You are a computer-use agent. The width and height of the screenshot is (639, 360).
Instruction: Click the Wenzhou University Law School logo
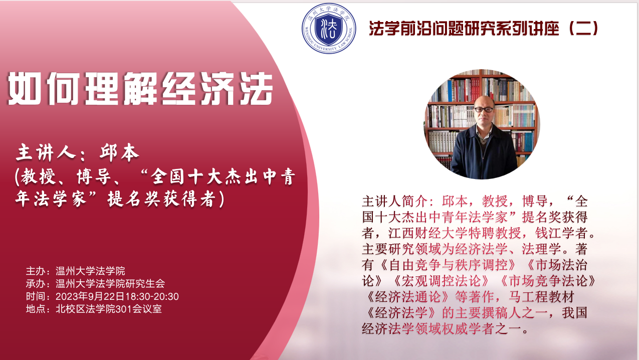(329, 28)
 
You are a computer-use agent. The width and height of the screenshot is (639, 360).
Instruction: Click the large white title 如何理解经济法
(140, 89)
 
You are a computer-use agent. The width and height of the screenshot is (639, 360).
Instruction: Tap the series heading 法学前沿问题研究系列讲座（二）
(484, 28)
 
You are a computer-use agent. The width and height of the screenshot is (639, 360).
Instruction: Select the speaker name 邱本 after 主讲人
(119, 152)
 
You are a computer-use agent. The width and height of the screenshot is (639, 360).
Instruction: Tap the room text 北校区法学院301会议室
(109, 309)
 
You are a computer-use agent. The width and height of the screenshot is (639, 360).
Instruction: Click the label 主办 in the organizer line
(36, 271)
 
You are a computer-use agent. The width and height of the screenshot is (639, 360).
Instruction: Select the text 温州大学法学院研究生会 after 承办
(110, 283)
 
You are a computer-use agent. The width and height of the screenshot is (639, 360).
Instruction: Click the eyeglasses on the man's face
(484, 110)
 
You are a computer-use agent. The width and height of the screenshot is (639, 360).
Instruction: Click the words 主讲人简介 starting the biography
(394, 201)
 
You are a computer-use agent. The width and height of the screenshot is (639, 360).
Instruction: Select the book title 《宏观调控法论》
(441, 281)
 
